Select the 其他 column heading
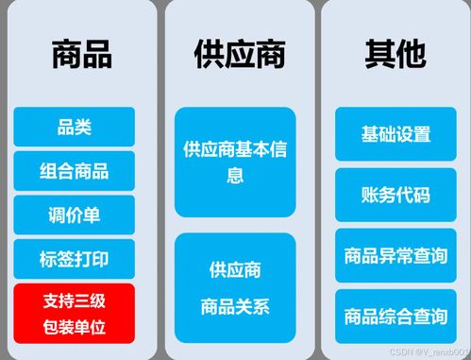[x=395, y=55]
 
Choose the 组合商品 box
[x=74, y=171]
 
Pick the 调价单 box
[x=74, y=214]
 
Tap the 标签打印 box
[x=74, y=258]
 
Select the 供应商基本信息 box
[x=235, y=161]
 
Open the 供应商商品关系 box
[x=235, y=287]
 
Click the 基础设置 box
[x=395, y=133]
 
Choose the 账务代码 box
[x=395, y=195]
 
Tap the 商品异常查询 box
[x=395, y=255]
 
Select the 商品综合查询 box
[x=395, y=316]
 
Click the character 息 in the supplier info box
[x=235, y=175]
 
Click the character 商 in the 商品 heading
[x=65, y=55]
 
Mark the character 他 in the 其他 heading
[x=412, y=55]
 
